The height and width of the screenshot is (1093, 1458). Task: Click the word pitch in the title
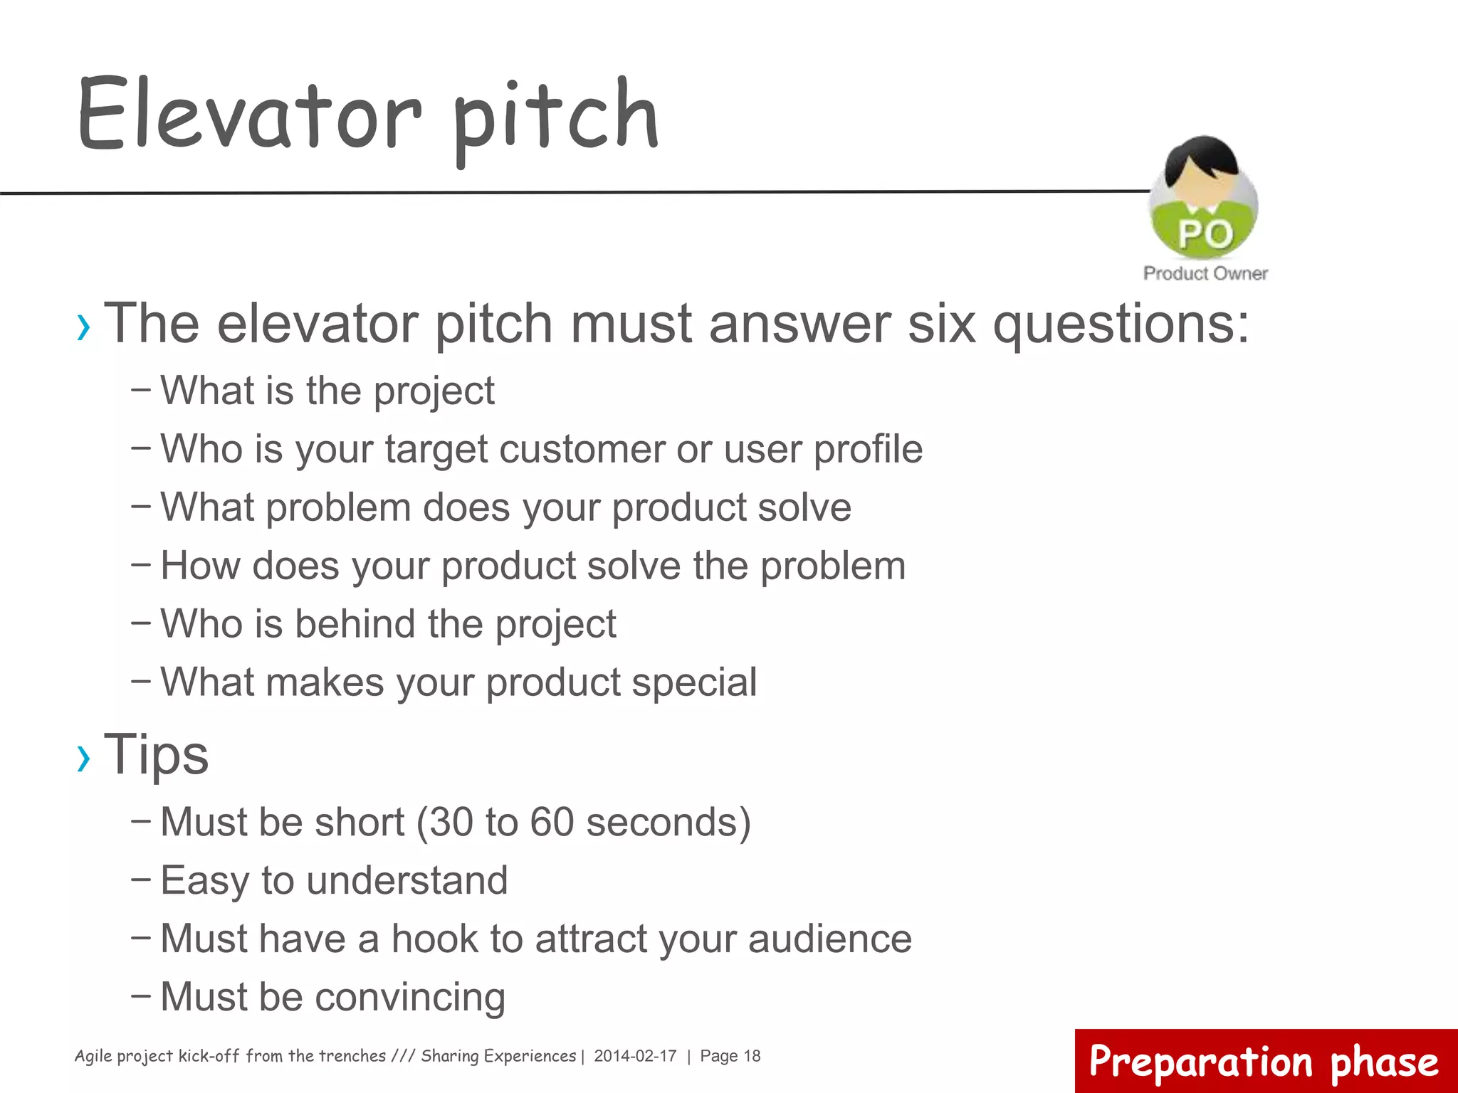555,117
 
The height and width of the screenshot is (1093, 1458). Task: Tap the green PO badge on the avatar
1205,233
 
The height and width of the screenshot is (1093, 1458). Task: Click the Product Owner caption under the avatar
1205,273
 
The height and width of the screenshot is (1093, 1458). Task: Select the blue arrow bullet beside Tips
84,757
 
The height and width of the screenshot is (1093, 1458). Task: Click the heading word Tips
157,754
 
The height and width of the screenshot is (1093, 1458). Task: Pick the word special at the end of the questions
694,682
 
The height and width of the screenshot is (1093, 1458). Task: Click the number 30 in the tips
451,823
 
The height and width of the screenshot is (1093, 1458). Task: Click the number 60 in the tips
552,823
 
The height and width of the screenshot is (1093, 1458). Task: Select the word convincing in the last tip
410,997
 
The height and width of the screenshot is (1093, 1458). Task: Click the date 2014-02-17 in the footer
635,1056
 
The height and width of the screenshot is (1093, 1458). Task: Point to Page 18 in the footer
730,1056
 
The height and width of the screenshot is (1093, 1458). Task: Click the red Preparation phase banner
1264,1061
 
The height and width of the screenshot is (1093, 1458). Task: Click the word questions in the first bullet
1121,324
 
